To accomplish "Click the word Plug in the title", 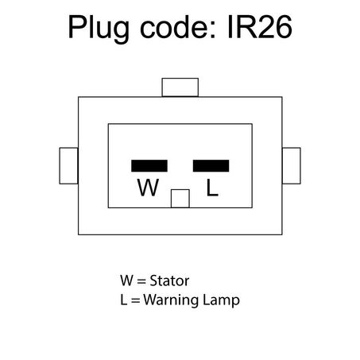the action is click(x=99, y=28).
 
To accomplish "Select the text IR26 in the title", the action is click(x=260, y=27).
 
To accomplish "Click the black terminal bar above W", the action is click(x=149, y=166).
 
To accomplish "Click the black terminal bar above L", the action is click(x=211, y=166).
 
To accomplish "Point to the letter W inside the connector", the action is click(x=148, y=188).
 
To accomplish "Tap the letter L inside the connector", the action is click(x=212, y=188).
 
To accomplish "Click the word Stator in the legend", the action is click(x=169, y=281).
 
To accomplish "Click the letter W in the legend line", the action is click(x=126, y=281).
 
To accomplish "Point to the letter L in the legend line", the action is click(x=124, y=300).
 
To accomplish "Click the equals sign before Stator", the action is click(x=141, y=281).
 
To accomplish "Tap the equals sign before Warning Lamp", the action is click(x=135, y=300).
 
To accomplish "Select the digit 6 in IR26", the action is click(x=284, y=27).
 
